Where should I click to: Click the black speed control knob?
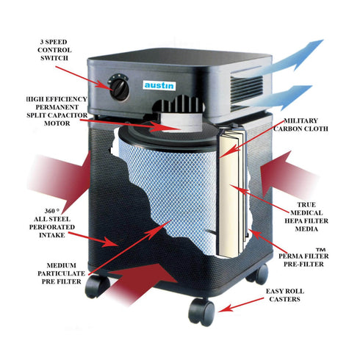pos(119,87)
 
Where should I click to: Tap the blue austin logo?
pos(159,85)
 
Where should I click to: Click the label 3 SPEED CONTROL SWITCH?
pos(54,50)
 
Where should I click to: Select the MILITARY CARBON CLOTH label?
pos(300,124)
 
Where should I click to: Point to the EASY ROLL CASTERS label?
pos(285,295)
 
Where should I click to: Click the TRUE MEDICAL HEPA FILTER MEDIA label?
pos(306,217)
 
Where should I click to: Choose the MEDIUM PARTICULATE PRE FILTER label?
pos(61,273)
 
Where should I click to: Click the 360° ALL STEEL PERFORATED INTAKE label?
pos(52,223)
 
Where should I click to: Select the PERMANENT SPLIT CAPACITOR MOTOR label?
pos(57,111)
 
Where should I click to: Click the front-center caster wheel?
pos(201,312)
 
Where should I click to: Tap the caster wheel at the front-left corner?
pos(97,286)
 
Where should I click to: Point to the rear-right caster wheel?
pos(259,274)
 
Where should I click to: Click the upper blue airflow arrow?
pos(281,60)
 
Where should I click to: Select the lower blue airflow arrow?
pos(277,98)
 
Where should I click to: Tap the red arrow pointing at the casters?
pos(240,305)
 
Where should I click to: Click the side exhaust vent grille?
pos(246,90)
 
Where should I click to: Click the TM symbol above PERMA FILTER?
pos(320,250)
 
